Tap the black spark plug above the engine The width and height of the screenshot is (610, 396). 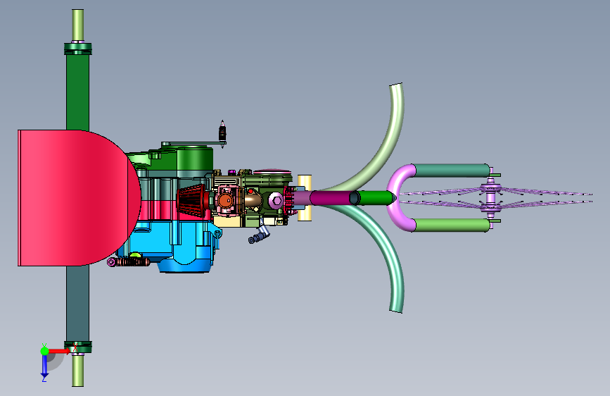pos(222,131)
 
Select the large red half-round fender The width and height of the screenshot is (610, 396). pos(78,198)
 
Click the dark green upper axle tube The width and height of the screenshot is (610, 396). pos(78,92)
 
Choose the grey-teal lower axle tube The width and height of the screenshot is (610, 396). pos(78,304)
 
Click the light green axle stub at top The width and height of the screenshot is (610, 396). pos(78,25)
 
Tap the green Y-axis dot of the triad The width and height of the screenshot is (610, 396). pos(44,351)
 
